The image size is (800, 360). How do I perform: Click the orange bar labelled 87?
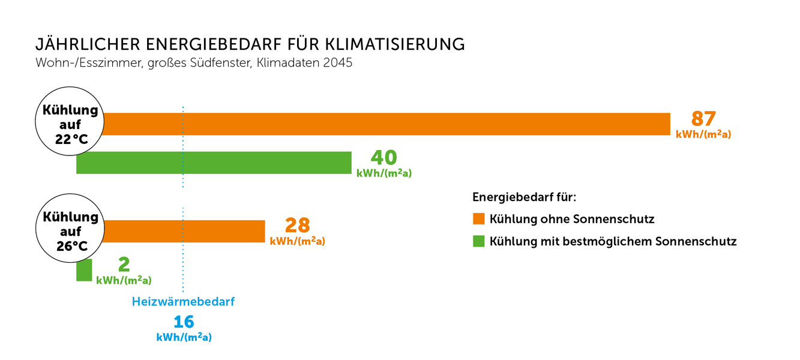[384, 124]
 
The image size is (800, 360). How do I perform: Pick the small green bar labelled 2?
[84, 270]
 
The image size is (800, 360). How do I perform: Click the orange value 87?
[703, 119]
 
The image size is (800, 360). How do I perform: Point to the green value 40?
[383, 157]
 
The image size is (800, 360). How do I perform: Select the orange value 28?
[297, 225]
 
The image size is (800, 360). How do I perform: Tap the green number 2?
[124, 264]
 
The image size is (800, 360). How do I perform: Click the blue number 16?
[184, 322]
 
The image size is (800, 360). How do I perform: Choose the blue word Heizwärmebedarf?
[183, 302]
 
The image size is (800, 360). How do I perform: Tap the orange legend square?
[478, 218]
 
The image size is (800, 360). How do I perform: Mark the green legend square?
[478, 241]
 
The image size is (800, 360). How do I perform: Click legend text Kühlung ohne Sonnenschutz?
[571, 219]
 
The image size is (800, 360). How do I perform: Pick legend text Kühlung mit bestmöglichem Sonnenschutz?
[613, 242]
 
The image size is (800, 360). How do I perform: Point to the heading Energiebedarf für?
[524, 197]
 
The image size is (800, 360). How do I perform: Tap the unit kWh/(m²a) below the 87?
[703, 134]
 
